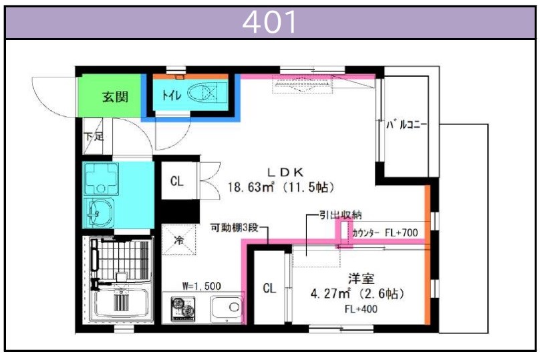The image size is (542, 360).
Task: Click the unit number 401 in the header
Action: click(x=269, y=22)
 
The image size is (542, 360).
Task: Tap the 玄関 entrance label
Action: click(x=115, y=97)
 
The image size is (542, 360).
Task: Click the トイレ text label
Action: click(x=172, y=94)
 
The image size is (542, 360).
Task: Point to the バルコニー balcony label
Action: click(x=406, y=124)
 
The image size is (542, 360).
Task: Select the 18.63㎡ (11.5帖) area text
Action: click(x=281, y=187)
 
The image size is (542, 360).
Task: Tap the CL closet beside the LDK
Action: click(x=177, y=181)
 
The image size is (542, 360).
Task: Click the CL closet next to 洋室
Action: click(x=269, y=288)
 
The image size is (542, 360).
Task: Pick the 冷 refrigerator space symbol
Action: click(x=178, y=240)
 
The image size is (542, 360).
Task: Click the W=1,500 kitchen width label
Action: click(x=202, y=286)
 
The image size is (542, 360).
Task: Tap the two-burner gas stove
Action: click(x=183, y=309)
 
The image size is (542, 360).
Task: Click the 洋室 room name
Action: click(x=361, y=279)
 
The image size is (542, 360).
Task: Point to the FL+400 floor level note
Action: click(x=361, y=309)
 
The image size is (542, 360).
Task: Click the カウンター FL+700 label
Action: click(x=385, y=233)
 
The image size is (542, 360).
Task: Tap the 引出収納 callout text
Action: click(x=340, y=215)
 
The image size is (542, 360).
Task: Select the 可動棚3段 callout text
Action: click(x=235, y=228)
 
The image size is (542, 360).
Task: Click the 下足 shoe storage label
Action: click(x=94, y=136)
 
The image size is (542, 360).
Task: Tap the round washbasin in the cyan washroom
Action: click(x=99, y=213)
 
